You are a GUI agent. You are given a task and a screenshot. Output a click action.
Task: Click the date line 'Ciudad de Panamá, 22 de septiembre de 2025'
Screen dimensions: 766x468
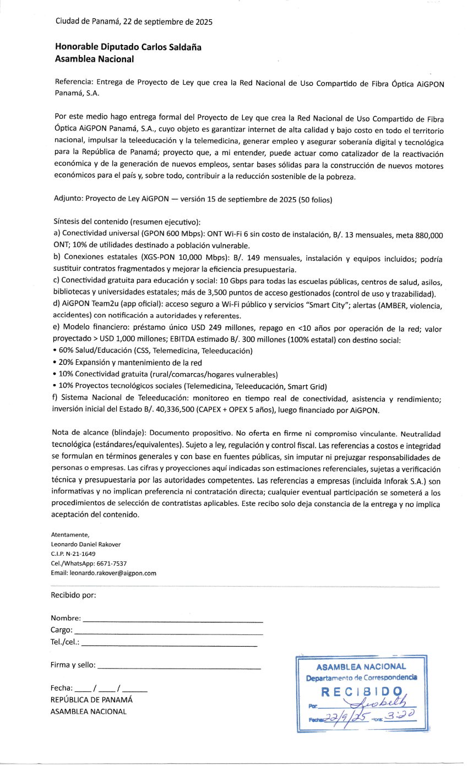click(x=134, y=22)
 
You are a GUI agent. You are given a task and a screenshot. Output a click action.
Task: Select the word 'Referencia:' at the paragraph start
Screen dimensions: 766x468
click(x=74, y=83)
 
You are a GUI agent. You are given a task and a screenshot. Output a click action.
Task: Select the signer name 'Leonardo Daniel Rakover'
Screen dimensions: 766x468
click(x=85, y=544)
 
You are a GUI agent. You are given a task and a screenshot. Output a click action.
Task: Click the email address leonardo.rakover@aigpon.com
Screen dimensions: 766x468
click(x=112, y=572)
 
